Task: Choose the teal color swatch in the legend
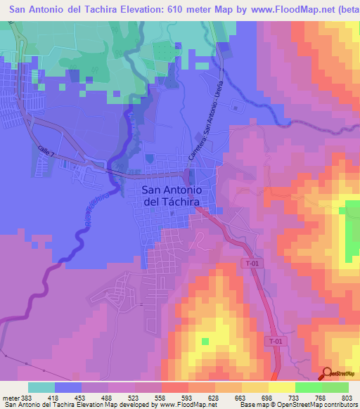(41, 387)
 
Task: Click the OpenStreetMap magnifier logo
(326, 375)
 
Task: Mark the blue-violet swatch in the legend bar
(68, 387)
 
